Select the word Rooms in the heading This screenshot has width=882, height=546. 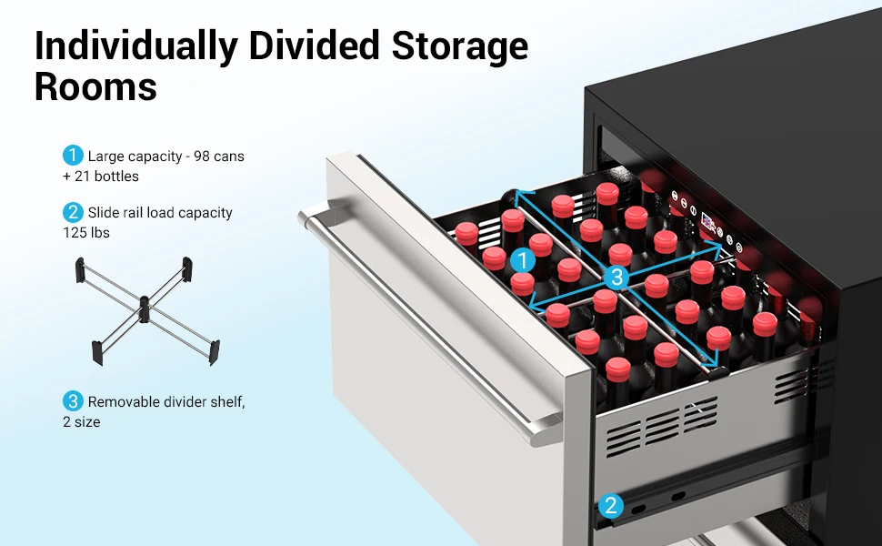95,88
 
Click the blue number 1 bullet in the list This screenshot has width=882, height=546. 73,156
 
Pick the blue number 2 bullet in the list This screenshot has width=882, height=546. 73,212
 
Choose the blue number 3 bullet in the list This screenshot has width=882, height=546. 73,401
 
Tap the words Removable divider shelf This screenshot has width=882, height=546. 166,401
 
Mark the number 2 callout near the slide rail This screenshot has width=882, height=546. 611,506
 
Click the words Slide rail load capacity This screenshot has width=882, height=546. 160,213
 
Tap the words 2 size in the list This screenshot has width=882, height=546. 82,422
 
